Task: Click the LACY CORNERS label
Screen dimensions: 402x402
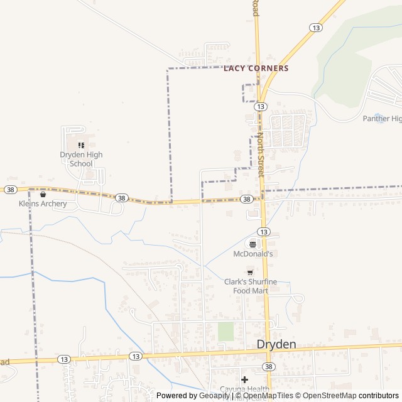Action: [x=256, y=68]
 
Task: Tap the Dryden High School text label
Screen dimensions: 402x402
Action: [x=81, y=160]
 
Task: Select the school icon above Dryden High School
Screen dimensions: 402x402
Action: [x=81, y=145]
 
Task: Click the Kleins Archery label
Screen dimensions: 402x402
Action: [x=43, y=204]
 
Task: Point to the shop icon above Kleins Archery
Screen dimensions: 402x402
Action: [x=43, y=194]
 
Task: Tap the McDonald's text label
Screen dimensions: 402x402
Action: [x=253, y=254]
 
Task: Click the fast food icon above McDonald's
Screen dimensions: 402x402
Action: [x=253, y=244]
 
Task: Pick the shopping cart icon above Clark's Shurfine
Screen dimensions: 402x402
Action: [x=250, y=272]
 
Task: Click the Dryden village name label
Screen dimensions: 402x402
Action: [x=276, y=344]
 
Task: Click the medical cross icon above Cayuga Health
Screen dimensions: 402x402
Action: [x=244, y=379]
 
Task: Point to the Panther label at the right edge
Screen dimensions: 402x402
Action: [x=382, y=119]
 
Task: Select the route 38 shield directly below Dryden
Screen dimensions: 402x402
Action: [x=269, y=366]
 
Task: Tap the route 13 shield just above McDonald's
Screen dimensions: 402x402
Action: [x=264, y=232]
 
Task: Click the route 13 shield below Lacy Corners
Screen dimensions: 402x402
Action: [x=259, y=107]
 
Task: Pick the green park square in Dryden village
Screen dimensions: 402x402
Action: [x=225, y=332]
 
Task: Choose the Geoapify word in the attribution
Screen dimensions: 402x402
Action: [x=214, y=396]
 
